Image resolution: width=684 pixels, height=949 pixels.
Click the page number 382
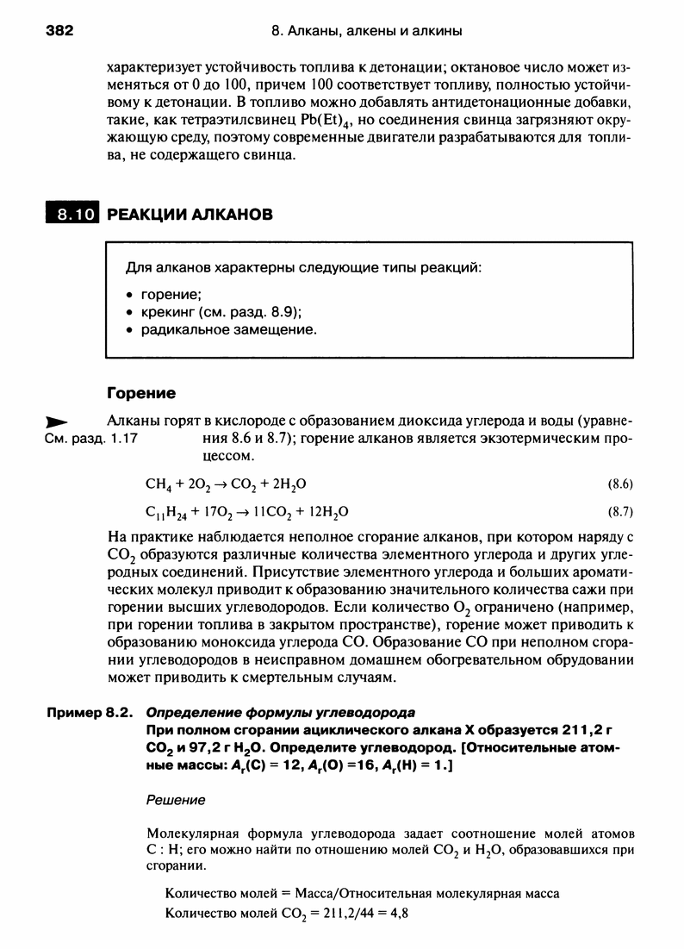click(59, 31)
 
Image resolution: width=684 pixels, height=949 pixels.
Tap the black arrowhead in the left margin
click(56, 422)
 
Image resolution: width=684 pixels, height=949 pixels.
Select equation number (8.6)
click(621, 484)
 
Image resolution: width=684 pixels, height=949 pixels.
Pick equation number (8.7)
click(621, 510)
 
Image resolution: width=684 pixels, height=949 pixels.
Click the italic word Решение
click(177, 800)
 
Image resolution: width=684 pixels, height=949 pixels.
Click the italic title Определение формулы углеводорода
click(281, 712)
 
